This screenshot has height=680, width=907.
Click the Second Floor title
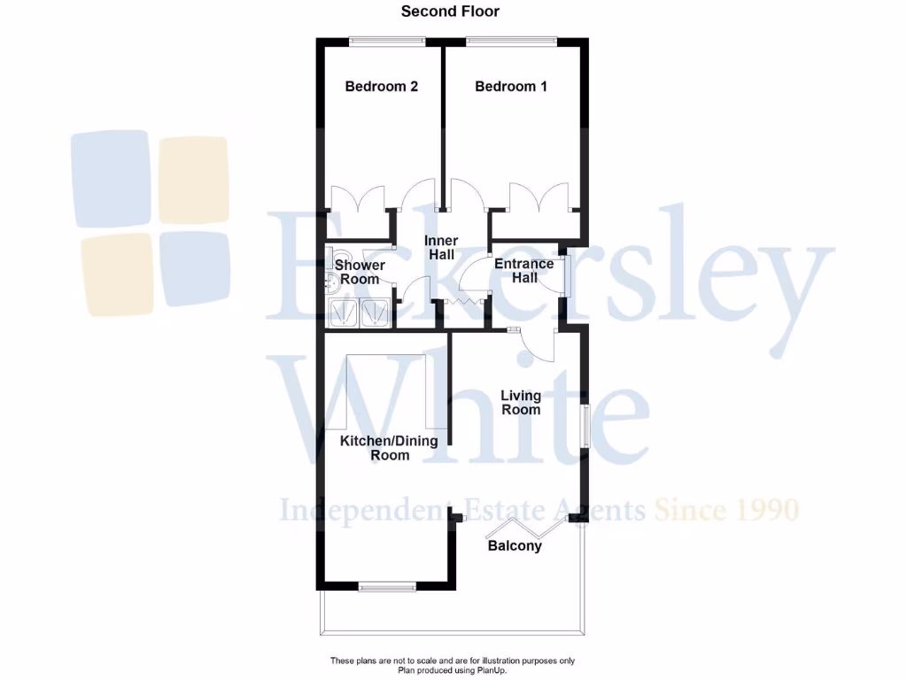(450, 12)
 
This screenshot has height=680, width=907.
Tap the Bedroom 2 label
(381, 87)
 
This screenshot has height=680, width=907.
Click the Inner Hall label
(441, 248)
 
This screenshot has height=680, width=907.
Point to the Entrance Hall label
(524, 271)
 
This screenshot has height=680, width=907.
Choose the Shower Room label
(360, 273)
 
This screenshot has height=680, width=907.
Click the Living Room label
(521, 403)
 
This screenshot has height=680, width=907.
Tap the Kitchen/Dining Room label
(390, 448)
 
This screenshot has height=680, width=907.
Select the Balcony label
(515, 546)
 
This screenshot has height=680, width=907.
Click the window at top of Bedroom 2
(386, 39)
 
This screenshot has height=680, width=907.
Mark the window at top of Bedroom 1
(512, 39)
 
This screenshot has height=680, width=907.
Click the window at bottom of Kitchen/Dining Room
(387, 585)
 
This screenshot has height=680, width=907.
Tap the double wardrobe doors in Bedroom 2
(358, 198)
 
